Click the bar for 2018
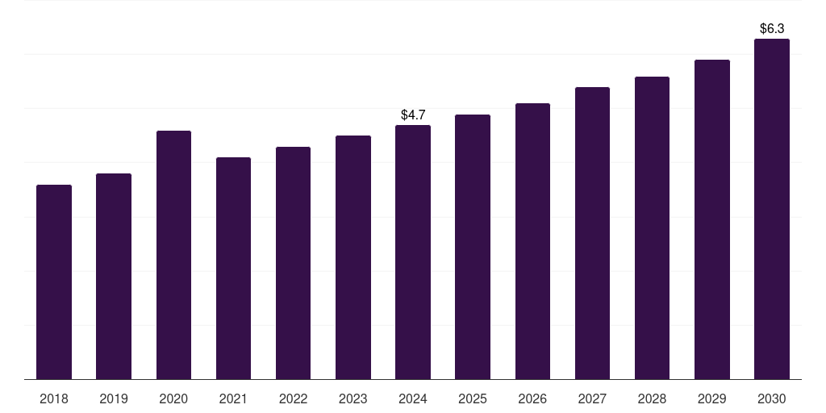pos(54,282)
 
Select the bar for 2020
pos(173,255)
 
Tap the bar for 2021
pos(233,268)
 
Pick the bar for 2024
pos(413,252)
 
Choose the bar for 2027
pos(592,233)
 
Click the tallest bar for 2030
pos(772,209)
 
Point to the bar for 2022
pos(293,263)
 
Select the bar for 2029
pos(712,219)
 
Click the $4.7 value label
pos(413,115)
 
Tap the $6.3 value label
pos(772,29)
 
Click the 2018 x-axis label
pos(54,398)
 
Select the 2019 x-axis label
pos(114,398)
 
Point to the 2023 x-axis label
pos(353,398)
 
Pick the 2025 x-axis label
pos(473,398)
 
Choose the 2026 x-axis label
pos(532,398)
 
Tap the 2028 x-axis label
pos(652,398)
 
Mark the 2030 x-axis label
pos(772,398)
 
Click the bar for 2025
pos(473,247)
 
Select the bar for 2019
pos(114,276)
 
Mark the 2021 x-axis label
pos(233,398)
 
